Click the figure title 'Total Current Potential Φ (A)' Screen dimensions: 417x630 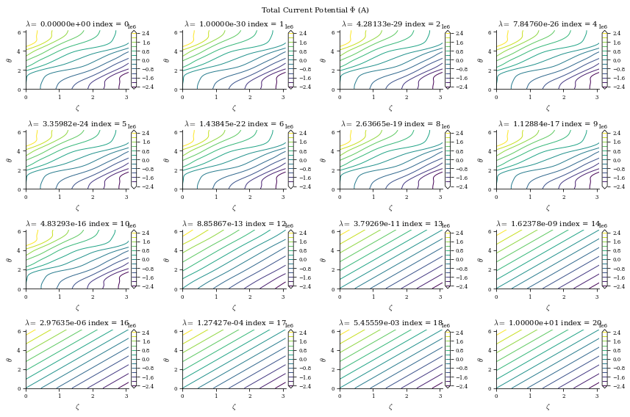[315, 10]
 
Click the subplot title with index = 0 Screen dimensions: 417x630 [77, 24]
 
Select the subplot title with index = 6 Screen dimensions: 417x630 [234, 124]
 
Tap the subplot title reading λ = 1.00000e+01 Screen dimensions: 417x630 [548, 323]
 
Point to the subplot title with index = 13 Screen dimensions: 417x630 [390, 224]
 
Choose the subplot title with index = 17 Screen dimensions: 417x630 [234, 323]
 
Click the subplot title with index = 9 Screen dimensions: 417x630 [548, 124]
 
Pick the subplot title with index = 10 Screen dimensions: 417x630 [77, 224]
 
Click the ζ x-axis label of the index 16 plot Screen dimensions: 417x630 [76, 407]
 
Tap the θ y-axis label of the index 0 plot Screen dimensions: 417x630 [10, 60]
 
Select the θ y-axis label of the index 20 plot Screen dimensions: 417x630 [480, 359]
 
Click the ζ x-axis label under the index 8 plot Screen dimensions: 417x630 [390, 208]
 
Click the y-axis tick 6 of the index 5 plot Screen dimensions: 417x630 [21, 132]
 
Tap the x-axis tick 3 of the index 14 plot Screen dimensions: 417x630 [596, 295]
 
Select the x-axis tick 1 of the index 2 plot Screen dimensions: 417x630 [373, 96]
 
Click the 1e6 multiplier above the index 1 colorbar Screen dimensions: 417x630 [289, 27]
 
